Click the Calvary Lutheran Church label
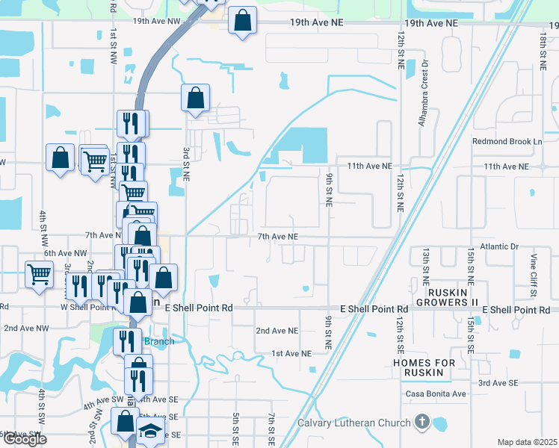(354, 423)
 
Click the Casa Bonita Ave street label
(436, 393)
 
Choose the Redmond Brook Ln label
(507, 141)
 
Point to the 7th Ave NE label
(278, 237)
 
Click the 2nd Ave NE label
(277, 330)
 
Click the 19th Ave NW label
(157, 22)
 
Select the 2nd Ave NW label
(26, 328)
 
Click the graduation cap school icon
(150, 431)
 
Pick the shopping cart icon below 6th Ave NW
(39, 273)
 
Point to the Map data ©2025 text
(526, 442)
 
